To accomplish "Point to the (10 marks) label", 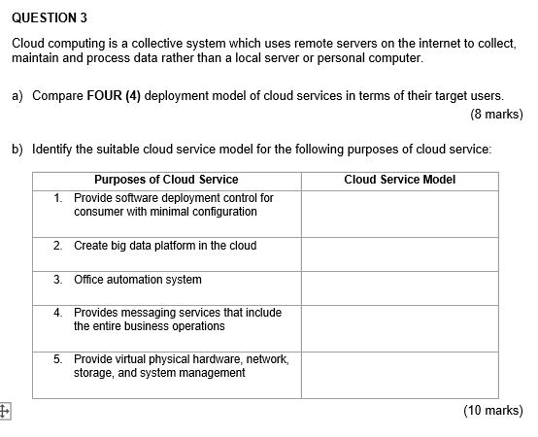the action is (x=492, y=411).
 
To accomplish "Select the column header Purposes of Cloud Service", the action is (x=166, y=180).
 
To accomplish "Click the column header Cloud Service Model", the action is (x=399, y=180).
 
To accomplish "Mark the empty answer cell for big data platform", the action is (x=399, y=252).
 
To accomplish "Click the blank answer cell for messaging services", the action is (x=399, y=323).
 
